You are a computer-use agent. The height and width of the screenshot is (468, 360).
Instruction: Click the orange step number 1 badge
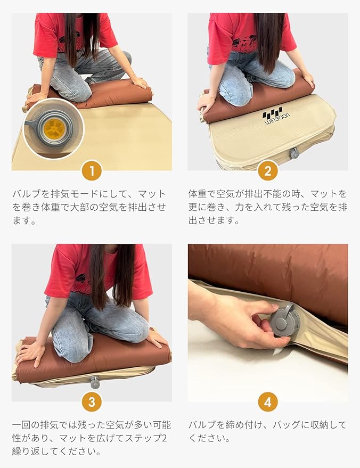point(92,171)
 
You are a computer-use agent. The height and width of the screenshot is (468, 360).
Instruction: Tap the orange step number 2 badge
point(268,171)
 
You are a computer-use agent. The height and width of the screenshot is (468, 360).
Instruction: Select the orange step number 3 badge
point(92,402)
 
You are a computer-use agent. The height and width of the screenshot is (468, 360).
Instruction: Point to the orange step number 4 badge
point(268,402)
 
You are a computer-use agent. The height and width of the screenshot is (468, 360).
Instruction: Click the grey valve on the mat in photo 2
point(294,153)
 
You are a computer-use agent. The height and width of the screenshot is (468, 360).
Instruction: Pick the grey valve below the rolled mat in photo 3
point(95,382)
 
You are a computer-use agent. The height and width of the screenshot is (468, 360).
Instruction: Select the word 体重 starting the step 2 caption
point(198,194)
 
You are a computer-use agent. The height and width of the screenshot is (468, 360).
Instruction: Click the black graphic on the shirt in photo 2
point(244,42)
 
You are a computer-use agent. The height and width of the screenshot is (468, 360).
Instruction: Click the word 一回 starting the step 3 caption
point(21,425)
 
